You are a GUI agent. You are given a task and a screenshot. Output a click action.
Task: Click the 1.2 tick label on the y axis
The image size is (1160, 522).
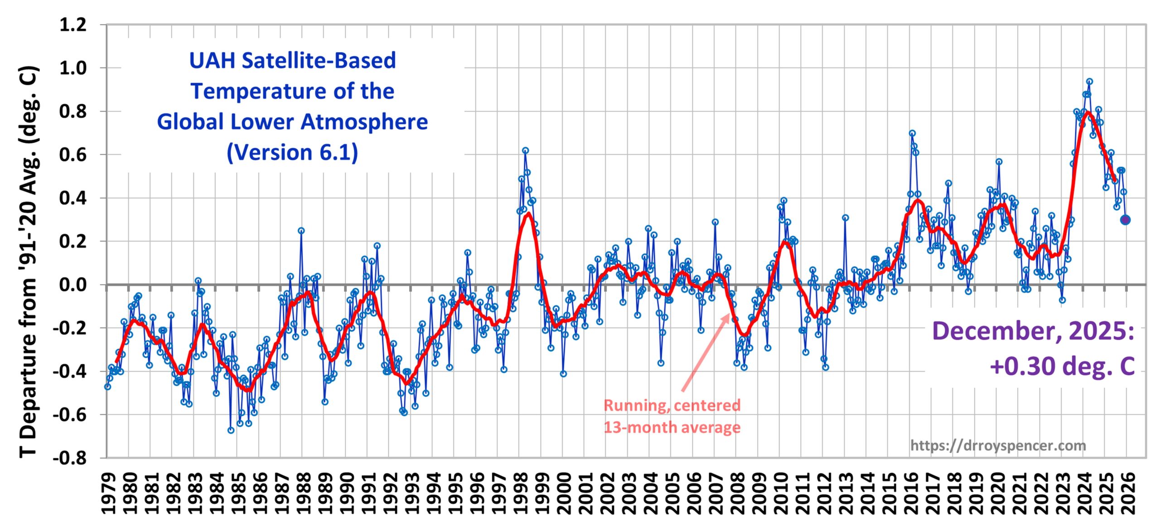73,25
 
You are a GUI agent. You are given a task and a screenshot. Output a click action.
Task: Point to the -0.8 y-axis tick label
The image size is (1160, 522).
70,458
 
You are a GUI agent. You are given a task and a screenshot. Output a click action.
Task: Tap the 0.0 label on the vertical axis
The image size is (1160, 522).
73,285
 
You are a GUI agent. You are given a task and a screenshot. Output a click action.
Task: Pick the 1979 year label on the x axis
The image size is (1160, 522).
108,494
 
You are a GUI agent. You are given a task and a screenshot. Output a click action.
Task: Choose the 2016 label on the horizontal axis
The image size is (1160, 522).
911,494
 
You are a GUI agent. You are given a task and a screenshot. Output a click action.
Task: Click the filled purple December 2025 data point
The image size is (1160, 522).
1125,220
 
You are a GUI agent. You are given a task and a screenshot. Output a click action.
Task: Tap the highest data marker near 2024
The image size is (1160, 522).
1089,82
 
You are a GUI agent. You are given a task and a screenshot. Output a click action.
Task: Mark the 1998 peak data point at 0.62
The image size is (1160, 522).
525,150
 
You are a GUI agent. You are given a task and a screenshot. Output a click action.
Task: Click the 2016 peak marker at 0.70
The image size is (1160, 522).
912,133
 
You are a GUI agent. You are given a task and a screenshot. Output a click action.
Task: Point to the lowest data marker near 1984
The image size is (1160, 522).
231,430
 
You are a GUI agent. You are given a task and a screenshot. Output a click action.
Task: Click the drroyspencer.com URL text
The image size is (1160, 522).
998,446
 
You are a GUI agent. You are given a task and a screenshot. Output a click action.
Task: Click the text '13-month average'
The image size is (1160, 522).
672,427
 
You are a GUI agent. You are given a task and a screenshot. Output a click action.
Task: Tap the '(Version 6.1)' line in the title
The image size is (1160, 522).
292,152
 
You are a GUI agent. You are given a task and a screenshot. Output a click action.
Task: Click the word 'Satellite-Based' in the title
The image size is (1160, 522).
319,61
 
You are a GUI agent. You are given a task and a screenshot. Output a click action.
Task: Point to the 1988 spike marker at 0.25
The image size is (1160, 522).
301,231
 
